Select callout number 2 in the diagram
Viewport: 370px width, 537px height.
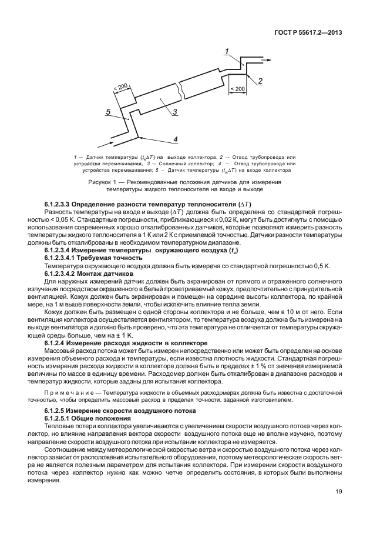pyautogui.click(x=259, y=80)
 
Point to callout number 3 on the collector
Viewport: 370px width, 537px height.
pyautogui.click(x=175, y=112)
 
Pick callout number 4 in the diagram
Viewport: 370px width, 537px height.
pyautogui.click(x=175, y=139)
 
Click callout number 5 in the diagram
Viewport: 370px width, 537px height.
pyautogui.click(x=108, y=111)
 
